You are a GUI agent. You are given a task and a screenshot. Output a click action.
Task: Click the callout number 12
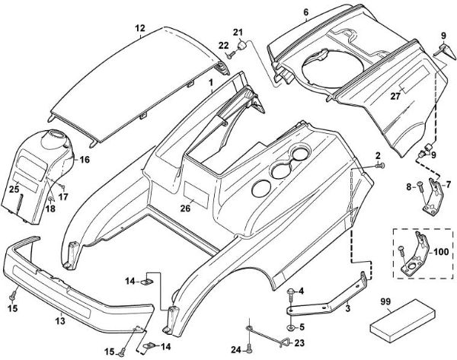click(139, 27)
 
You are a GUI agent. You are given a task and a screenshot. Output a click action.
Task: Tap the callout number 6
click(305, 12)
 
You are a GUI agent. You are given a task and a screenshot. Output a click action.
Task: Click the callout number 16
click(85, 160)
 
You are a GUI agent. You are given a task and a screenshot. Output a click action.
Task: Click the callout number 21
click(237, 30)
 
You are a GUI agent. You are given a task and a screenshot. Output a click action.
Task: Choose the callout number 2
click(378, 155)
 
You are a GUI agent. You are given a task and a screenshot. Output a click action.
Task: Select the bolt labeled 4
click(292, 292)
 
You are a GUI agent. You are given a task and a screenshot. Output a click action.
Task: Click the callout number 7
click(448, 184)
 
